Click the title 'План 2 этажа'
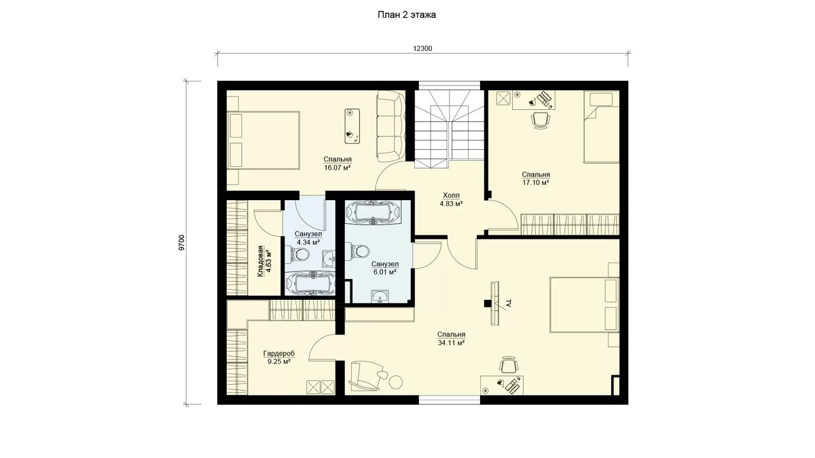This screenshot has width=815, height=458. click(x=406, y=15)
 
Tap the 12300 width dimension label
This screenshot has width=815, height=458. click(x=422, y=49)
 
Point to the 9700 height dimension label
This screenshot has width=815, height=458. click(x=182, y=242)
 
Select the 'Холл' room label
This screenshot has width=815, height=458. click(x=451, y=195)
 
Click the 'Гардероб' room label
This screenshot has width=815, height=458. click(x=278, y=354)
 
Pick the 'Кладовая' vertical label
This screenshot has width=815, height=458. click(x=260, y=262)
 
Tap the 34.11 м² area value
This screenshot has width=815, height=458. click(x=452, y=343)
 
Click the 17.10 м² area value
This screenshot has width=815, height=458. click(x=536, y=183)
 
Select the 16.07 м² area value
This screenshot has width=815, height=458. click(x=338, y=168)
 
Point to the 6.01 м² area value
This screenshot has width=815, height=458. click(x=385, y=272)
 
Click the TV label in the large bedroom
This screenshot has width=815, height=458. click(x=509, y=304)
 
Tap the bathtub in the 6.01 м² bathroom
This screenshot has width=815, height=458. click(x=373, y=213)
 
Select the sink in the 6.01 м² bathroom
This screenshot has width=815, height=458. click(x=380, y=297)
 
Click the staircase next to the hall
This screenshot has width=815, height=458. click(x=450, y=129)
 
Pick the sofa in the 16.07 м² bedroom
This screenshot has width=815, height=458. click(x=391, y=126)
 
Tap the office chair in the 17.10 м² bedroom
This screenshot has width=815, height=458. click(x=541, y=119)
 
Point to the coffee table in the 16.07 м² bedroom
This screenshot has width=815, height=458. click(x=352, y=126)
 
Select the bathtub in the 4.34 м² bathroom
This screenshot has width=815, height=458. click(x=310, y=284)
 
